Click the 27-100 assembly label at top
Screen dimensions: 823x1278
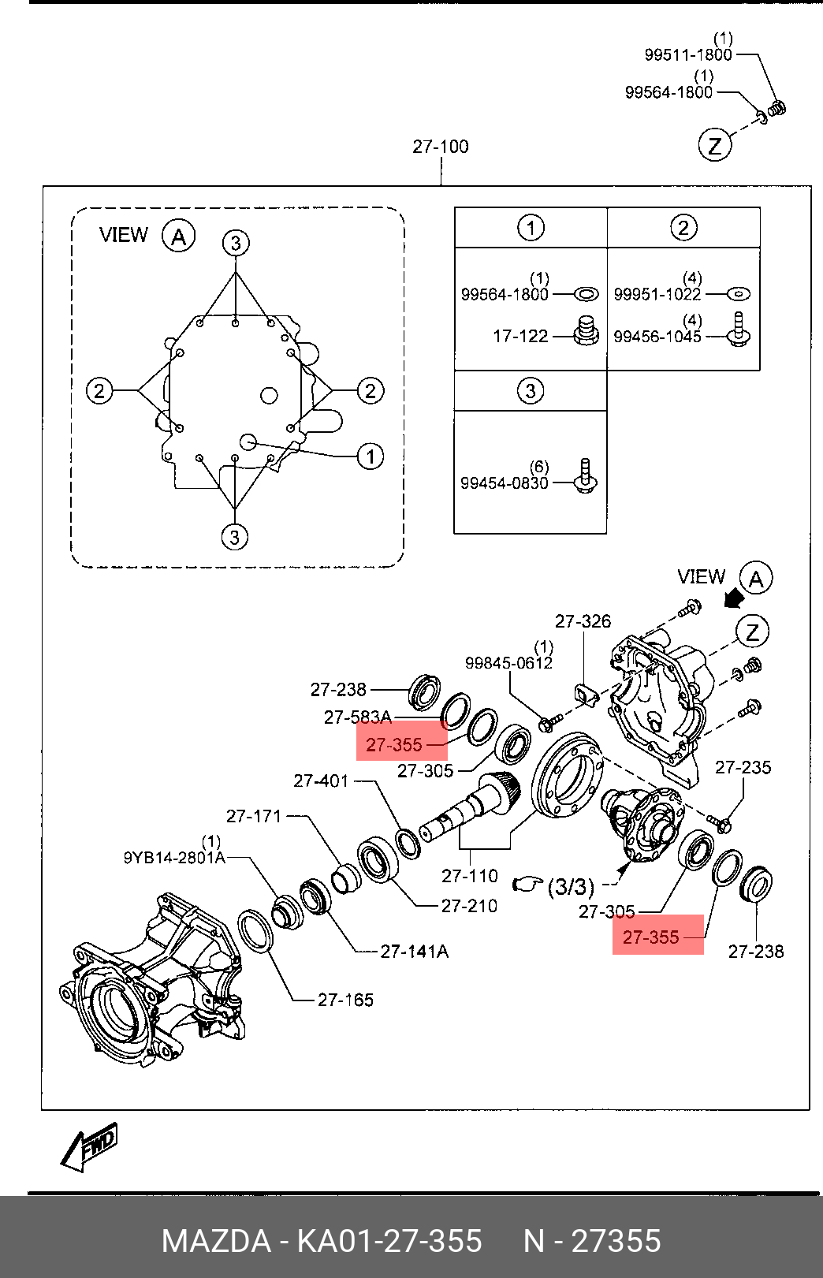tap(441, 147)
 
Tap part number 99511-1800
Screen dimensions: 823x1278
tap(688, 54)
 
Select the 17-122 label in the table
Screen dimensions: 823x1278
tap(520, 336)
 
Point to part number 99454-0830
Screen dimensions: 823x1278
tap(505, 483)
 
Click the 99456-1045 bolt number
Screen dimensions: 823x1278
tap(657, 337)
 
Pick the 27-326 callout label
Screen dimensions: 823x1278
tap(583, 620)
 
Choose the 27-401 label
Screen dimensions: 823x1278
tap(321, 781)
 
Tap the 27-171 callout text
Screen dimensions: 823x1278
tap(254, 817)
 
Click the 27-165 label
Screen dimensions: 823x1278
tap(345, 1000)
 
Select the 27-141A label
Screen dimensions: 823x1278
tap(415, 951)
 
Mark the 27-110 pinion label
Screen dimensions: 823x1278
tap(469, 876)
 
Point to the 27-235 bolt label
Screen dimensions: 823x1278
tap(743, 767)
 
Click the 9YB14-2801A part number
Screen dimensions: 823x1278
tap(174, 858)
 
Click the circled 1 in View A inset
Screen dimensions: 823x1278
tap(371, 456)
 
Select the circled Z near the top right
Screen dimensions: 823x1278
tap(715, 146)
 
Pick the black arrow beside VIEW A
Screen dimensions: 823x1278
tap(734, 599)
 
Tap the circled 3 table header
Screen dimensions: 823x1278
tap(531, 391)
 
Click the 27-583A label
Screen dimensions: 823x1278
tap(358, 717)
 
